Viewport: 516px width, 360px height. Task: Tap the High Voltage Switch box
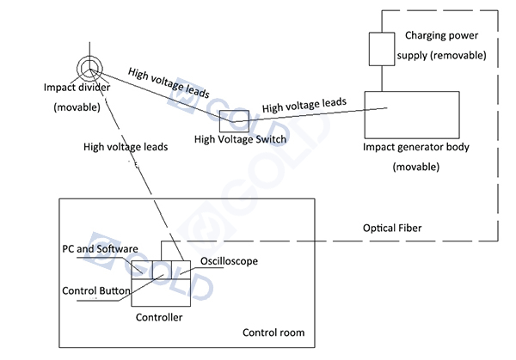click(x=232, y=119)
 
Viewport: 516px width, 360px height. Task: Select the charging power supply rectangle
click(x=379, y=50)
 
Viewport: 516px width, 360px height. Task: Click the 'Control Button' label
click(x=96, y=290)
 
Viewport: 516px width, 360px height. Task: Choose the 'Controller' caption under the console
click(x=160, y=317)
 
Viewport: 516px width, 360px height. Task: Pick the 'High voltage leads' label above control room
click(x=126, y=147)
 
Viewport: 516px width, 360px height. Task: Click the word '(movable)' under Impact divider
click(x=77, y=107)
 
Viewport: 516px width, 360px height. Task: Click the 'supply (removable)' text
click(x=445, y=55)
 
